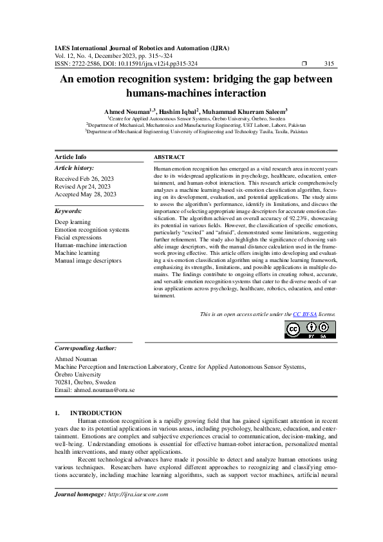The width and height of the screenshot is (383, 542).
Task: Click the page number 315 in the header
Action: coord(329,64)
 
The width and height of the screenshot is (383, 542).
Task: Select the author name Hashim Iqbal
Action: coord(178,111)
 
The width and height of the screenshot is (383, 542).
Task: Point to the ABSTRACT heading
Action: coord(169,157)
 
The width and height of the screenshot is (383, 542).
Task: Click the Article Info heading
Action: coord(71,157)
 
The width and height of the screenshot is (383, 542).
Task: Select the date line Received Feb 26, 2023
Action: coord(85,178)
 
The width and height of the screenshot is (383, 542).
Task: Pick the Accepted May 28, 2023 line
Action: coord(86,194)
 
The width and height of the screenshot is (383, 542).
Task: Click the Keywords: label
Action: coord(68,211)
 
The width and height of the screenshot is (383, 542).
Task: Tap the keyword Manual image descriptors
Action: coord(88,261)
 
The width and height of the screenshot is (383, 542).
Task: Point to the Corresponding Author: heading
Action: coord(86,348)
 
